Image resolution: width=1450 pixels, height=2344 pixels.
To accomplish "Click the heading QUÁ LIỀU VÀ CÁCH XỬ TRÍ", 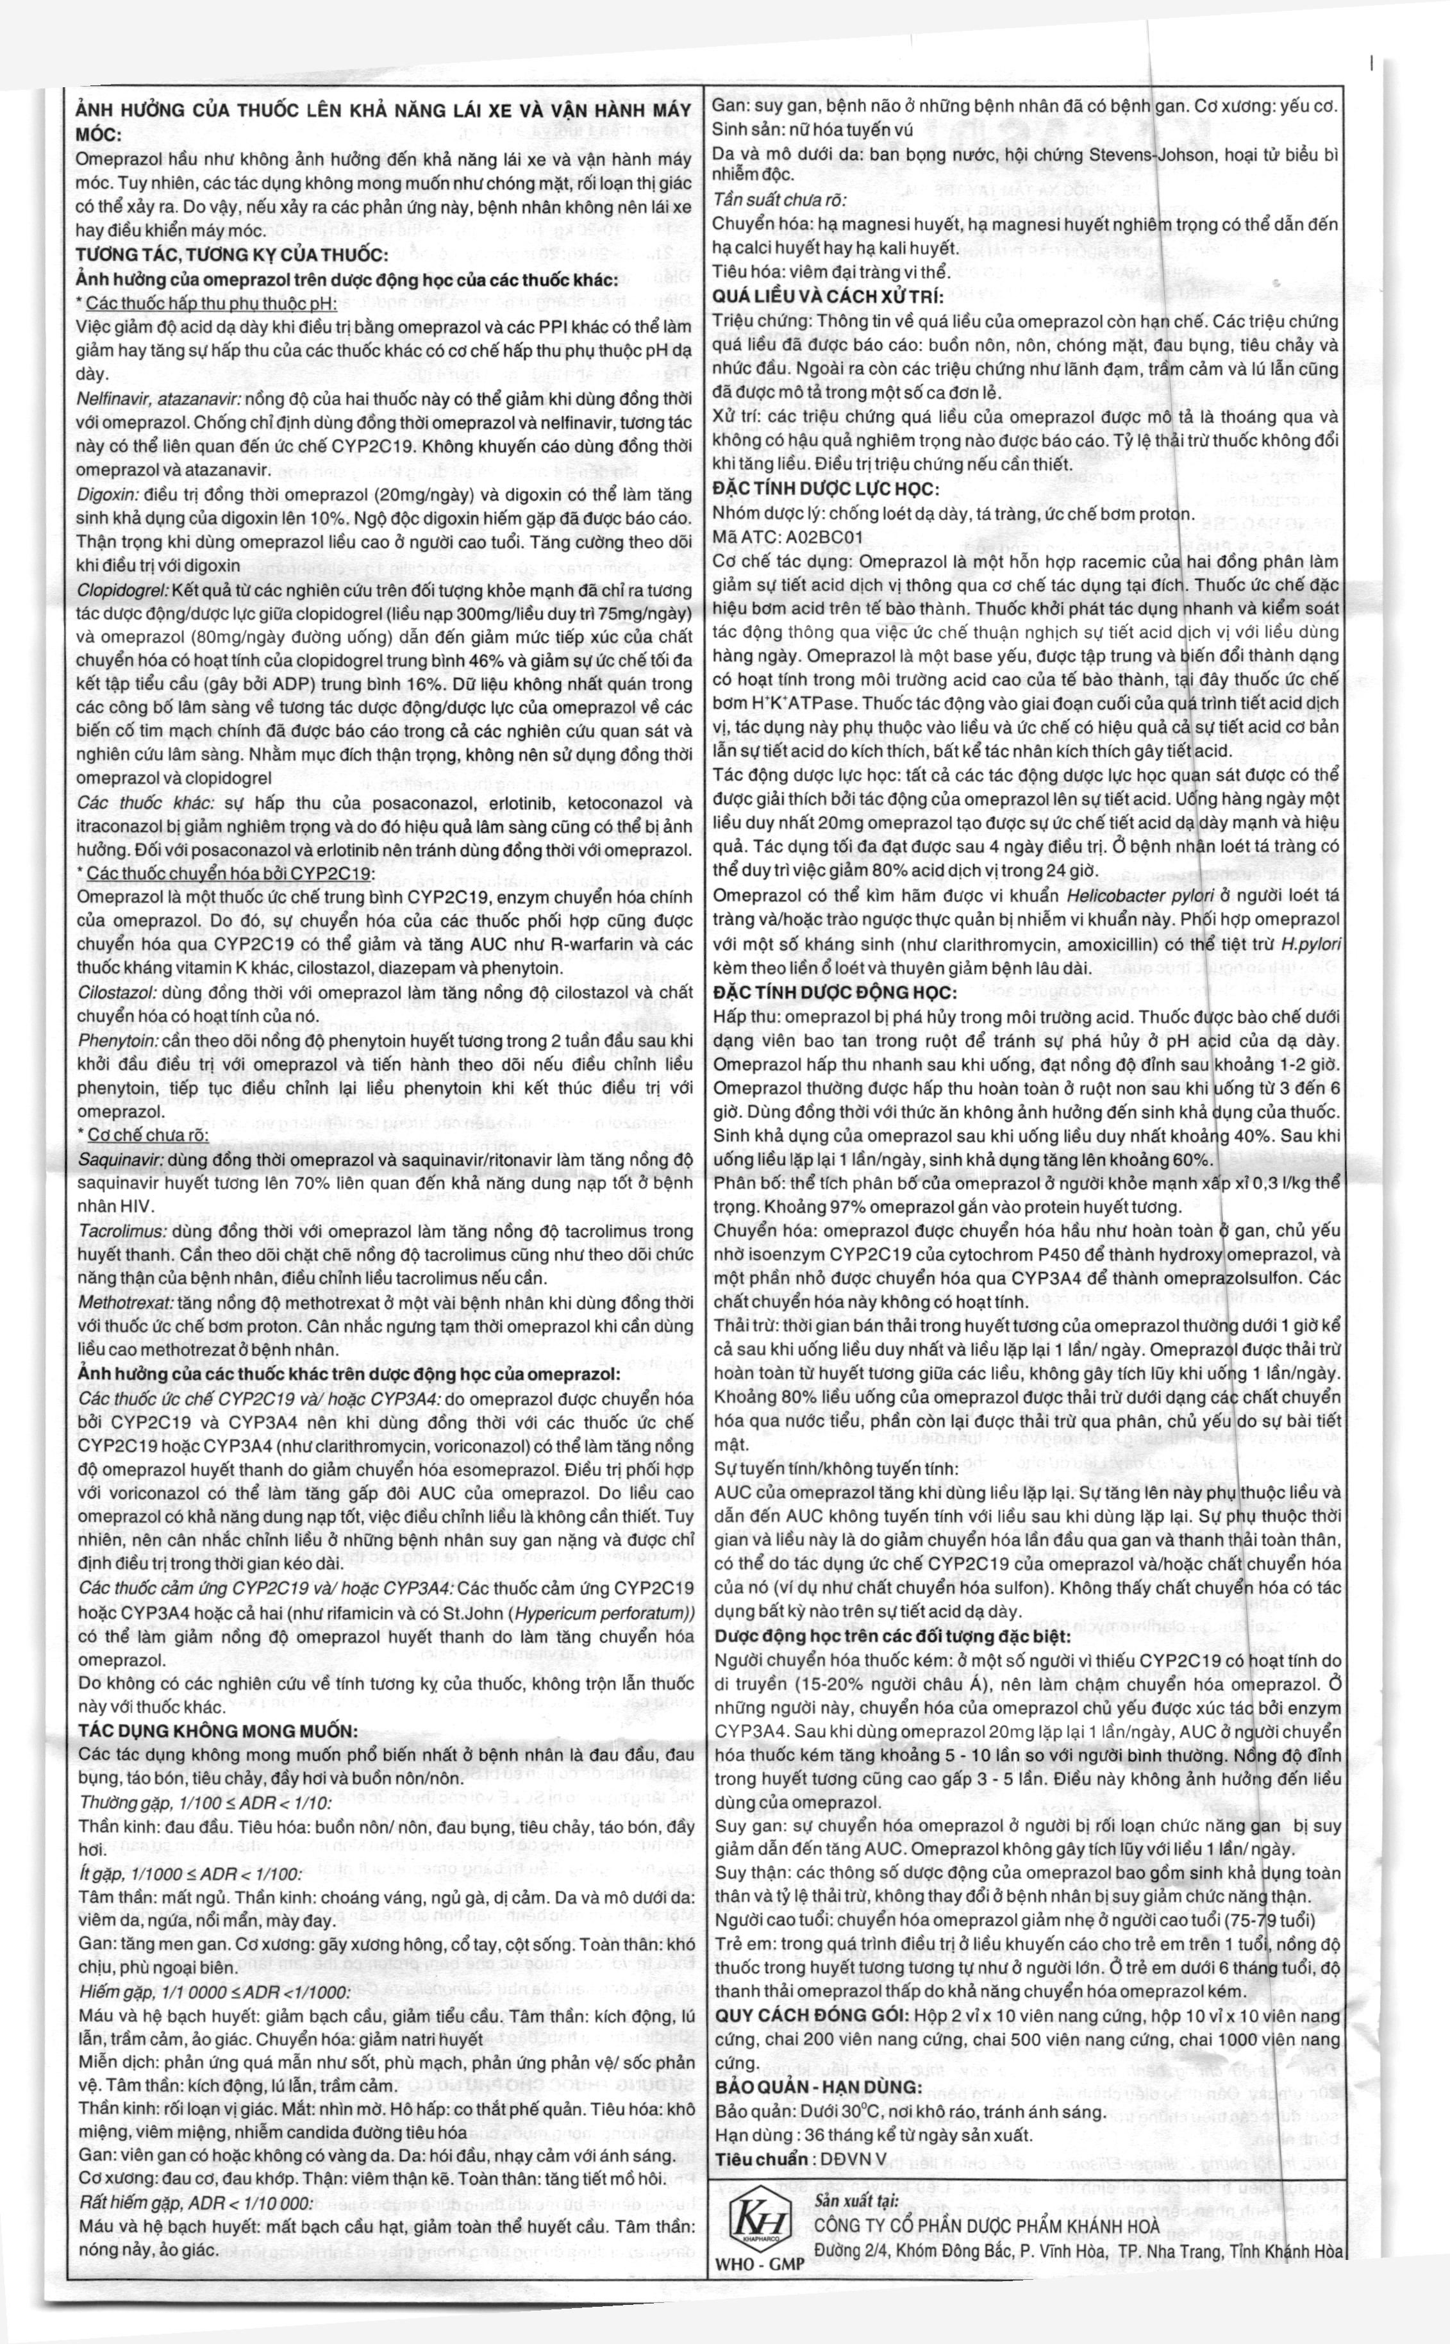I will coord(829,296).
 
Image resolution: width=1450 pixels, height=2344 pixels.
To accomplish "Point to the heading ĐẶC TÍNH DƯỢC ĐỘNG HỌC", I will coord(835,992).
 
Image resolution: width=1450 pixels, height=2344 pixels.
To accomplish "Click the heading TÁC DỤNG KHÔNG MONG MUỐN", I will coord(218,1731).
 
